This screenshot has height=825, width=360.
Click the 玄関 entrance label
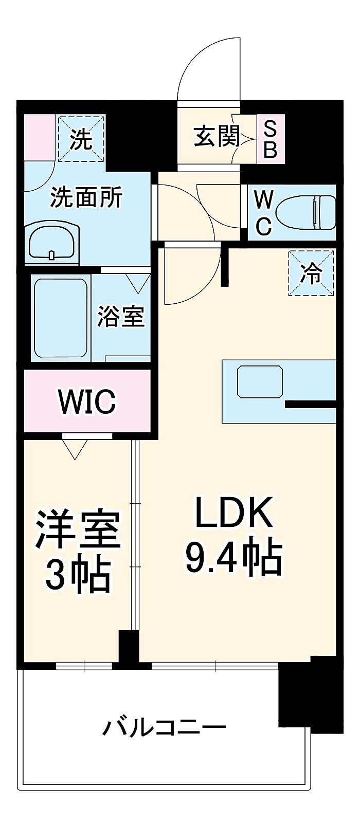(217, 136)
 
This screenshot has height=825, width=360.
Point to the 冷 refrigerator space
(311, 273)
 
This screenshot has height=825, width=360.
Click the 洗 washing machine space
(81, 138)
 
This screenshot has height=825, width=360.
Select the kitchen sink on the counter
(260, 381)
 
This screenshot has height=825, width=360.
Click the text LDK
(234, 512)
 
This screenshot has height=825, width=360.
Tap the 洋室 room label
(78, 529)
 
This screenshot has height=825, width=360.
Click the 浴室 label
(121, 316)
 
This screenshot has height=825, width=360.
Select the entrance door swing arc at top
(209, 69)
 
